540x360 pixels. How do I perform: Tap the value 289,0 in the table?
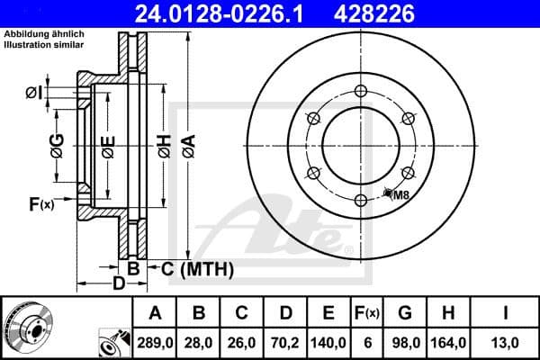coord(155,343)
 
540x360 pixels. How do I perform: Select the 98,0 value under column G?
coord(406,343)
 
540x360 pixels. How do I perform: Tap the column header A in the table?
coord(155,313)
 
